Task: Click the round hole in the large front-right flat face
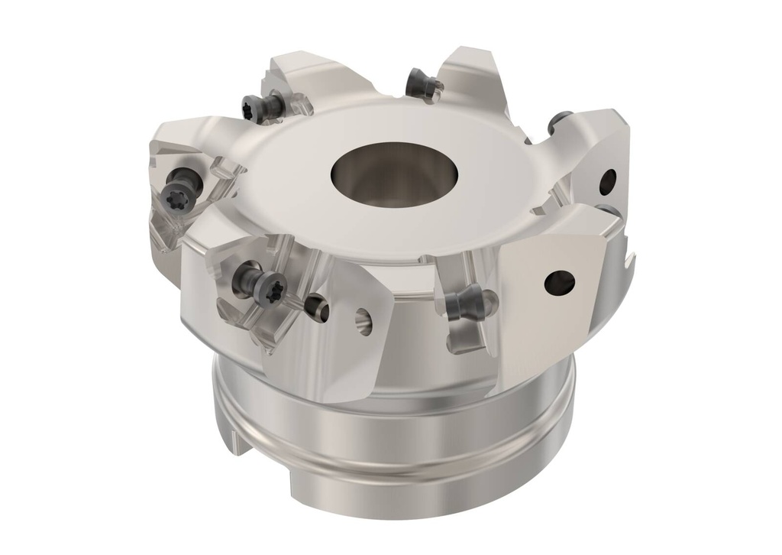(558, 282)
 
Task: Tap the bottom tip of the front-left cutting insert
(263, 347)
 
